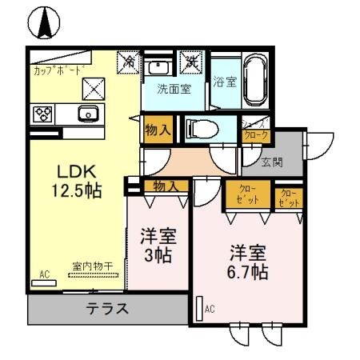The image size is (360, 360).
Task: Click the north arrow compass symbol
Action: [x=43, y=22]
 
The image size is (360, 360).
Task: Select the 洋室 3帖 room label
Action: [x=157, y=246]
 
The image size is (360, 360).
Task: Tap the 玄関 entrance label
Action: [x=273, y=162]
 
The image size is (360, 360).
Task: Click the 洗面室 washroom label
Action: [x=173, y=90]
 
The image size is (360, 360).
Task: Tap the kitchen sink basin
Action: [x=86, y=113]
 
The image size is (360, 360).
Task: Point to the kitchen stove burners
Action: [x=42, y=114]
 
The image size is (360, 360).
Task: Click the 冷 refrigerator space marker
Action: [x=128, y=61]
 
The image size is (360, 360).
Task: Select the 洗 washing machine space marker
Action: [x=192, y=61]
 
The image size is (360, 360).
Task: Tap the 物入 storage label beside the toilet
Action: [x=156, y=130]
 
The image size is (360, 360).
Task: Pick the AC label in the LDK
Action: [x=44, y=275]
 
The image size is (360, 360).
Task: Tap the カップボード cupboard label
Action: [x=58, y=70]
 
